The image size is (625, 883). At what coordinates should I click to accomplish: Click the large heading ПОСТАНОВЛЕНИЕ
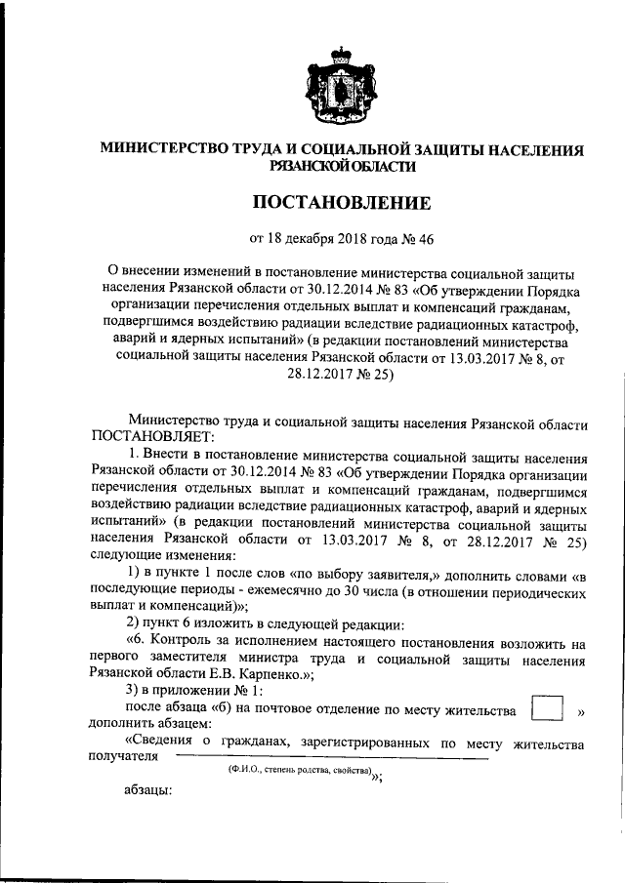tap(342, 204)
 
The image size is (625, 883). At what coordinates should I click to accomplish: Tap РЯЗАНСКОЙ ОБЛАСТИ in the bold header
tap(342, 167)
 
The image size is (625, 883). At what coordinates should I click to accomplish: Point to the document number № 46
tap(416, 238)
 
